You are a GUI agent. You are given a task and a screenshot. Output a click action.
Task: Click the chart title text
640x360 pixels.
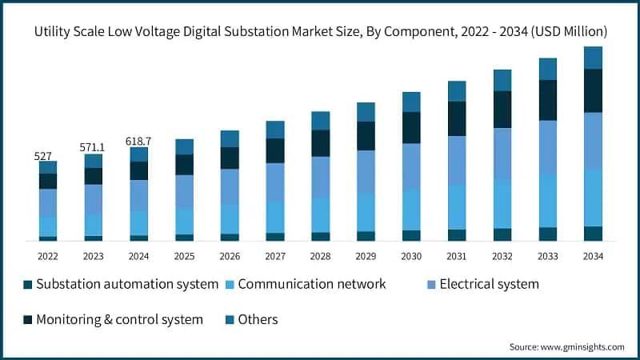(320, 32)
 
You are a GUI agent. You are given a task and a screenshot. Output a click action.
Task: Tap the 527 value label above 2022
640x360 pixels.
(43, 156)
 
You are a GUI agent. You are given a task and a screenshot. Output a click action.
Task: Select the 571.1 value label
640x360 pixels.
(93, 148)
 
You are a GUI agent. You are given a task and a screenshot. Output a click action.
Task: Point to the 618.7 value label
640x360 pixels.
(138, 142)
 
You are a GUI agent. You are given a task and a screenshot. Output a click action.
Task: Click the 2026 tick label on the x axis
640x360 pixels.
(230, 256)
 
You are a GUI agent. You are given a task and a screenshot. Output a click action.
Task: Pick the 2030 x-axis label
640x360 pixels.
(411, 256)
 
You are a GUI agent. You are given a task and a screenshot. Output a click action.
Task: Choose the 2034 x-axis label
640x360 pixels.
(593, 256)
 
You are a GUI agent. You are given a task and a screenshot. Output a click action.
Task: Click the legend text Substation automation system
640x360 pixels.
(127, 284)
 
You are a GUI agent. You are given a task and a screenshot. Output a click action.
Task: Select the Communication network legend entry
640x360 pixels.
(312, 284)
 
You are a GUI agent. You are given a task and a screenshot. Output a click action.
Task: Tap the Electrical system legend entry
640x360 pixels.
(489, 284)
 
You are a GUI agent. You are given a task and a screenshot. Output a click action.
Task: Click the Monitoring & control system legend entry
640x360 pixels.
(119, 319)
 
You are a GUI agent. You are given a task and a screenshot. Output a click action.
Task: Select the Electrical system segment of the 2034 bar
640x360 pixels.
(593, 141)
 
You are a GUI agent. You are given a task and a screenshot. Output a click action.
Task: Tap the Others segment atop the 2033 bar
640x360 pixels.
(547, 69)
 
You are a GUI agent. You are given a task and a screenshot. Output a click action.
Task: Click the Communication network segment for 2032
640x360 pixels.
(502, 204)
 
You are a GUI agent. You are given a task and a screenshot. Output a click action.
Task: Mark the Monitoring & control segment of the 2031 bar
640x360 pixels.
(457, 118)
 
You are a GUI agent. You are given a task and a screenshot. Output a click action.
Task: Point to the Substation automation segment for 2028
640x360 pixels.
(321, 236)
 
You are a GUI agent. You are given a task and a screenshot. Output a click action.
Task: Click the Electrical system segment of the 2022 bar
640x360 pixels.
(48, 202)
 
